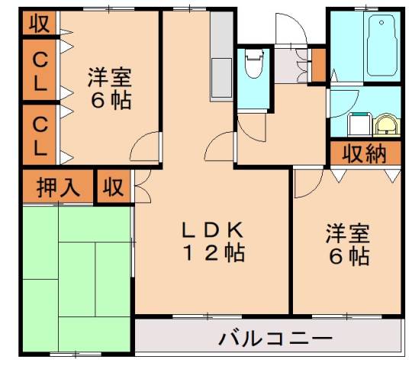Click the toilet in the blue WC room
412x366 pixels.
click(254, 69)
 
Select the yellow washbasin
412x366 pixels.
click(386, 123)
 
